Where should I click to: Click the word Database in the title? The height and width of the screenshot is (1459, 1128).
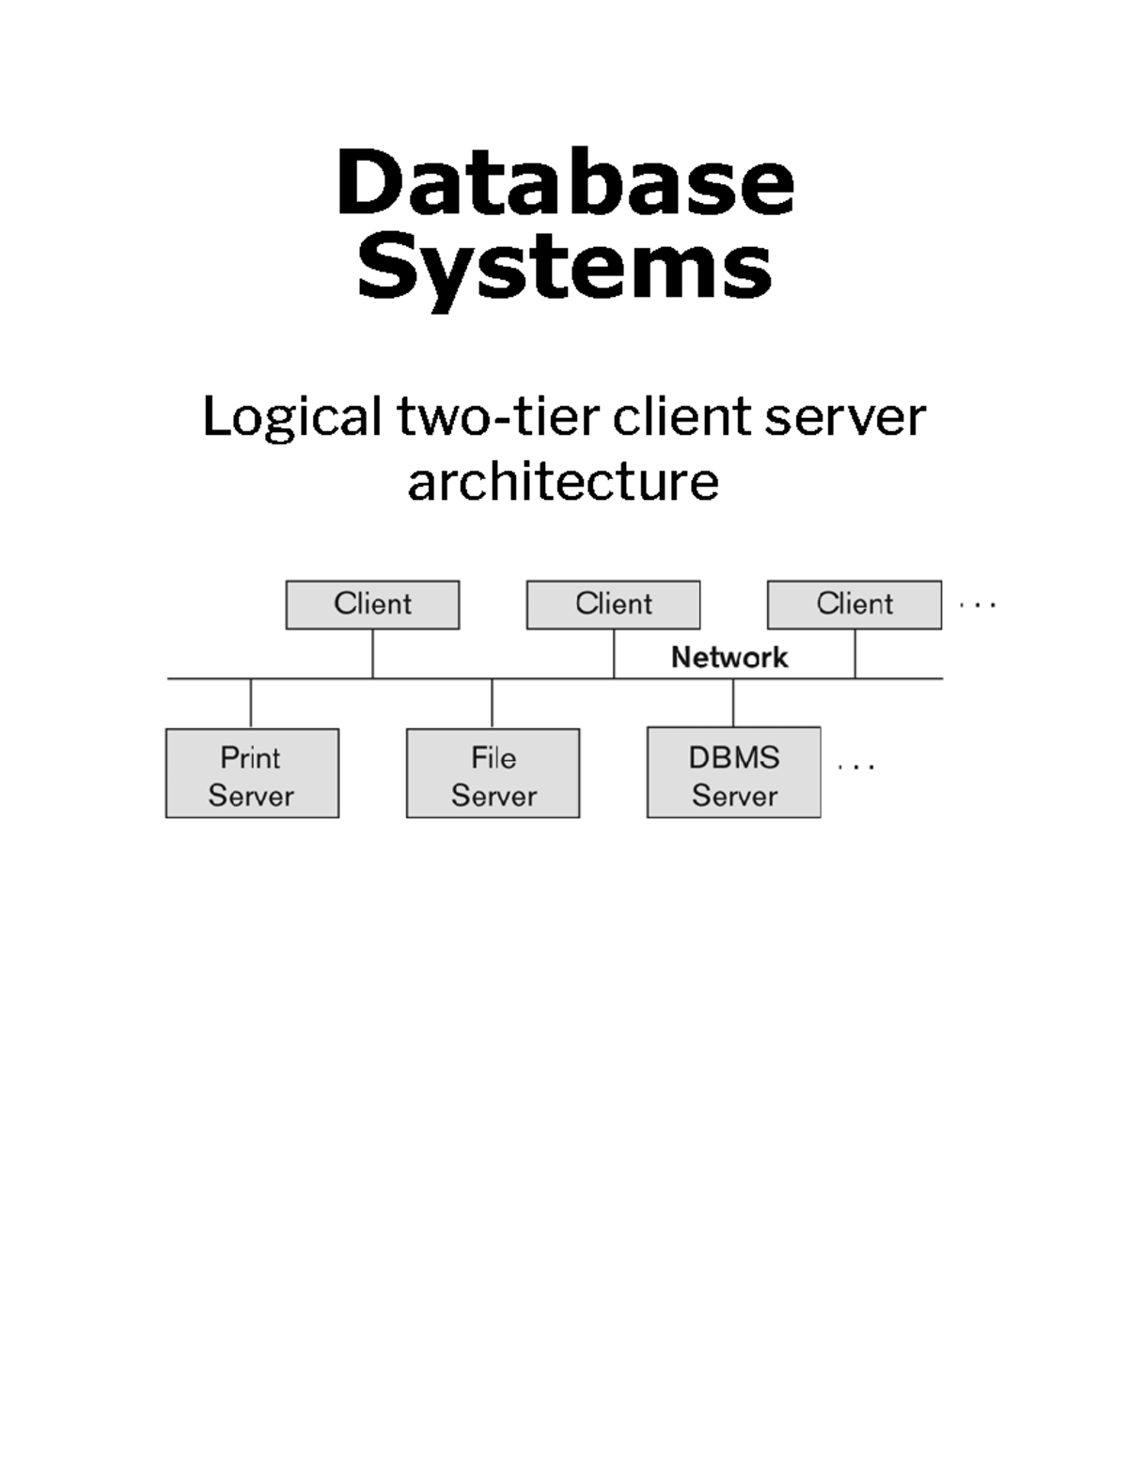pyautogui.click(x=565, y=182)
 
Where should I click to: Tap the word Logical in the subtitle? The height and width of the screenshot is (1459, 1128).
pyautogui.click(x=292, y=417)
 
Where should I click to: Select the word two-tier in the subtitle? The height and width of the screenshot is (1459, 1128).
pyautogui.click(x=498, y=417)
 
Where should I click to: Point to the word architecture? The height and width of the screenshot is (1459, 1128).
pyautogui.click(x=563, y=482)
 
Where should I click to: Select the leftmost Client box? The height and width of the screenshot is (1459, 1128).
pyautogui.click(x=372, y=604)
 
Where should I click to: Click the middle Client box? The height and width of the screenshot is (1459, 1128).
pyautogui.click(x=613, y=604)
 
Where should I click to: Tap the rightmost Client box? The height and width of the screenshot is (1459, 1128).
pyautogui.click(x=854, y=604)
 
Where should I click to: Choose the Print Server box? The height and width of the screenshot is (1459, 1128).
pyautogui.click(x=252, y=773)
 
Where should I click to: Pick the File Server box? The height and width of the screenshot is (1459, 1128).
pyautogui.click(x=493, y=773)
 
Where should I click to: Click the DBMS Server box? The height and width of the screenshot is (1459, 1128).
pyautogui.click(x=733, y=772)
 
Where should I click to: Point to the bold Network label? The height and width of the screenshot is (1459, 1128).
pyautogui.click(x=729, y=658)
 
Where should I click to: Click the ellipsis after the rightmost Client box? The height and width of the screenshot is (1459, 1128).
pyautogui.click(x=978, y=606)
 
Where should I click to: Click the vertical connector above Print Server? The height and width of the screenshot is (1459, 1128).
pyautogui.click(x=251, y=703)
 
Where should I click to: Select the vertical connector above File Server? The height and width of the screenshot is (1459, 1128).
pyautogui.click(x=492, y=703)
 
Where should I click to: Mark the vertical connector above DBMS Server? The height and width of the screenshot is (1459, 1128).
pyautogui.click(x=733, y=702)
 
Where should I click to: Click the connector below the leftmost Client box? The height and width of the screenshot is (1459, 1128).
pyautogui.click(x=372, y=653)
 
